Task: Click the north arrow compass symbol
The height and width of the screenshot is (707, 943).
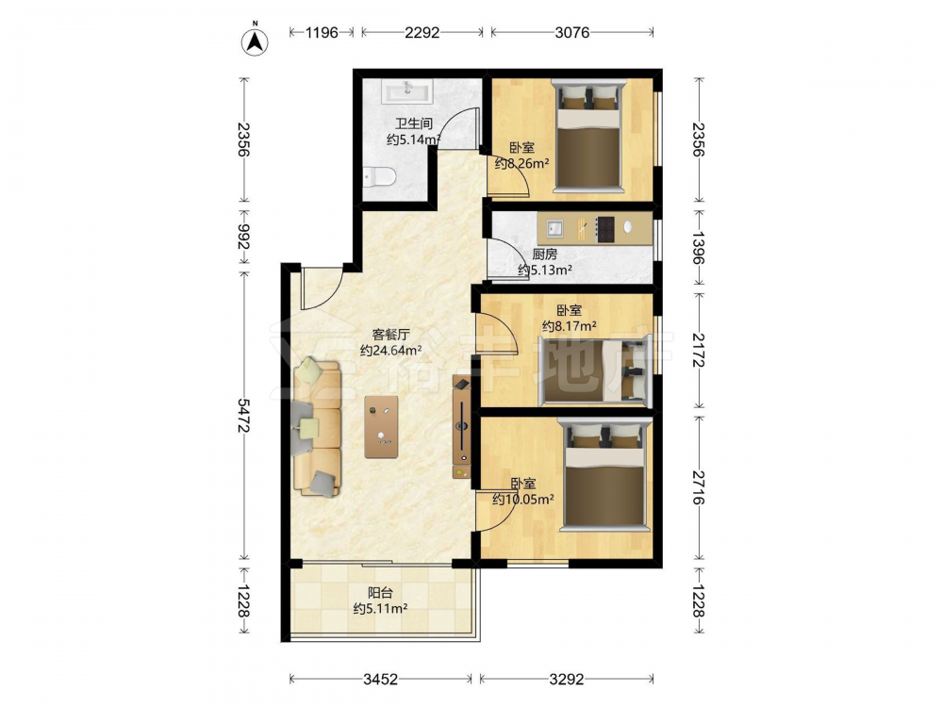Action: pyautogui.click(x=255, y=41)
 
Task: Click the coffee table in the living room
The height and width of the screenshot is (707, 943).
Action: pyautogui.click(x=381, y=427)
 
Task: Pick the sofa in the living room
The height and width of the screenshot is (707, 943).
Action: pyautogui.click(x=317, y=427)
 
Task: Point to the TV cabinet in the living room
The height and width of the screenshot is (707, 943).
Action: pyautogui.click(x=462, y=427)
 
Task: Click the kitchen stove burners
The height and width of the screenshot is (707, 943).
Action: pyautogui.click(x=605, y=229)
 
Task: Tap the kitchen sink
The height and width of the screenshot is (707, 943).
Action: pyautogui.click(x=555, y=228)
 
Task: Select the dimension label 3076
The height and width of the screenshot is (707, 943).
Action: pyautogui.click(x=572, y=32)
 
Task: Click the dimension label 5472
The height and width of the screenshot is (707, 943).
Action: pyautogui.click(x=243, y=415)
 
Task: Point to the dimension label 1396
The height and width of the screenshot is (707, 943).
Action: pyautogui.click(x=698, y=248)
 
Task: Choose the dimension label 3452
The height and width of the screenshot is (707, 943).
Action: pyautogui.click(x=381, y=680)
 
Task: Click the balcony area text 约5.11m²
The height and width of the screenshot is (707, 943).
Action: pyautogui.click(x=381, y=608)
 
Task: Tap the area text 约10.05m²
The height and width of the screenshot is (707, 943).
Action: pyautogui.click(x=523, y=499)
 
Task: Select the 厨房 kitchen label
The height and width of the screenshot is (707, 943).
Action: pyautogui.click(x=545, y=255)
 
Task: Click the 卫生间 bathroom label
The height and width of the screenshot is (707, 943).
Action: pyautogui.click(x=414, y=123)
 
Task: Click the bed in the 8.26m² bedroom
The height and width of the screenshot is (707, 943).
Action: pyautogui.click(x=588, y=137)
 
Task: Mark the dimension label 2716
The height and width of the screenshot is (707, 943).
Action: pyautogui.click(x=698, y=487)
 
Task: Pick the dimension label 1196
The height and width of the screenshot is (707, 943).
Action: pyautogui.click(x=322, y=32)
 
